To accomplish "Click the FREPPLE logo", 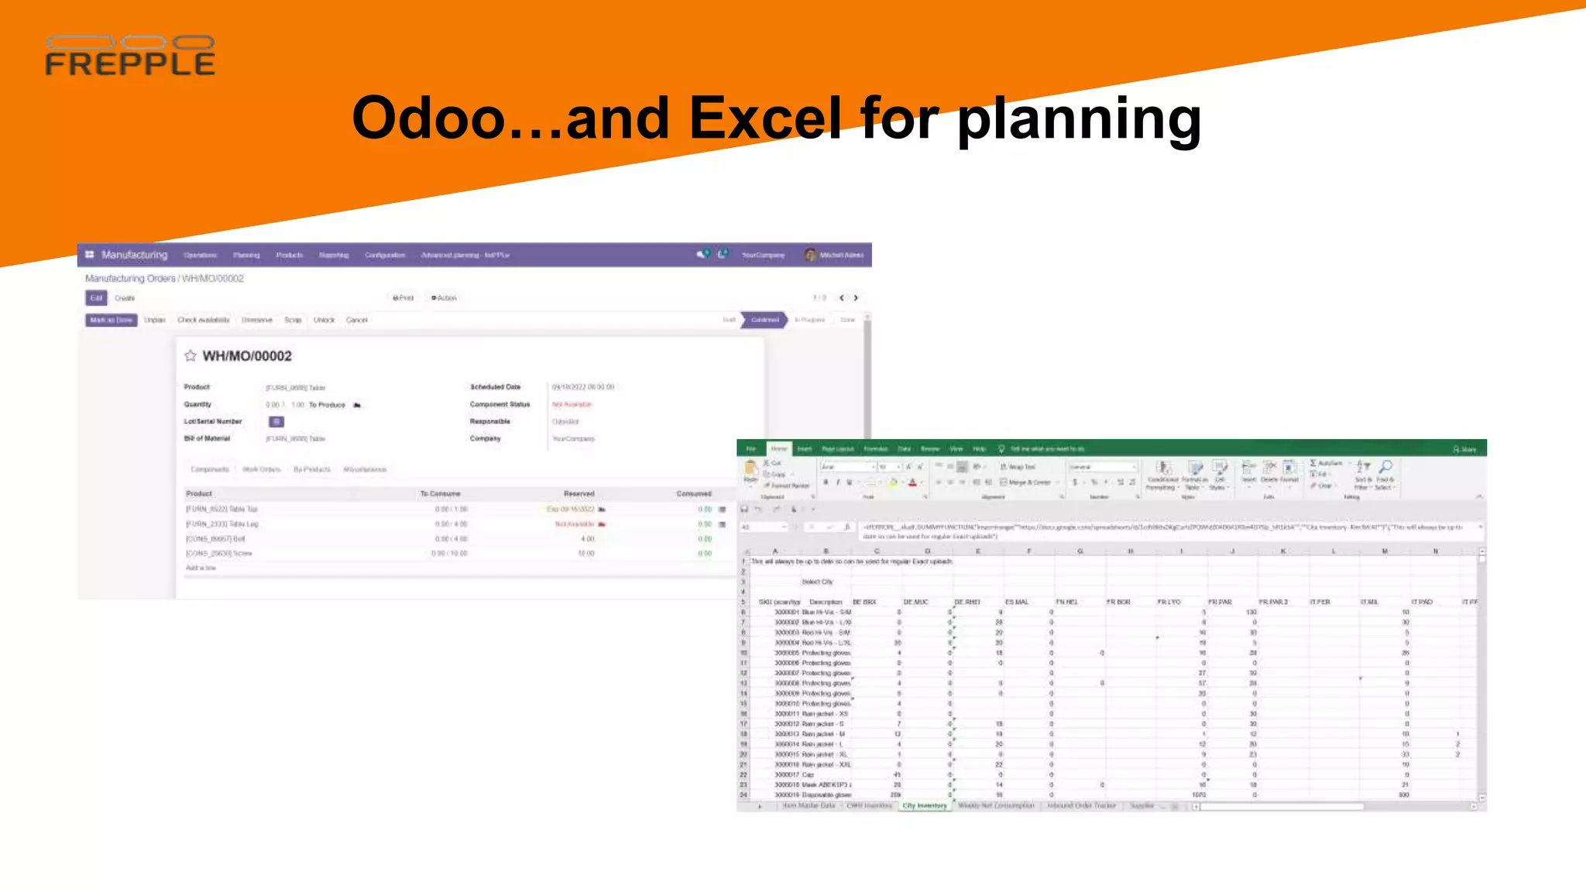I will (130, 56).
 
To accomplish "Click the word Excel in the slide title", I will (765, 118).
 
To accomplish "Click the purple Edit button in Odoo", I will (96, 298).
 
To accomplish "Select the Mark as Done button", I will (111, 320).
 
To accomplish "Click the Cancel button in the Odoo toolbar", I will (356, 320).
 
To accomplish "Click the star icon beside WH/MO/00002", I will (190, 355).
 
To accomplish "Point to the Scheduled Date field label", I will (495, 386).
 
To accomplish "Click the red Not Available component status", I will (572, 404).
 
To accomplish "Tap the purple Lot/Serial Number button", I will (276, 421).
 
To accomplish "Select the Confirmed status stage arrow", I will (764, 320).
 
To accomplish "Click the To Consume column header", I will (440, 493).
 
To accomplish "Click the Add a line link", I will (201, 568).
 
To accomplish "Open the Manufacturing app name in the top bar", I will (134, 255).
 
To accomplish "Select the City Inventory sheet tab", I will (924, 805).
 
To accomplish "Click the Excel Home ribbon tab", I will (778, 449).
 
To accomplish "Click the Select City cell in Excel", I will (817, 582).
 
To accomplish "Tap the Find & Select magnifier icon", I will (1385, 467).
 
